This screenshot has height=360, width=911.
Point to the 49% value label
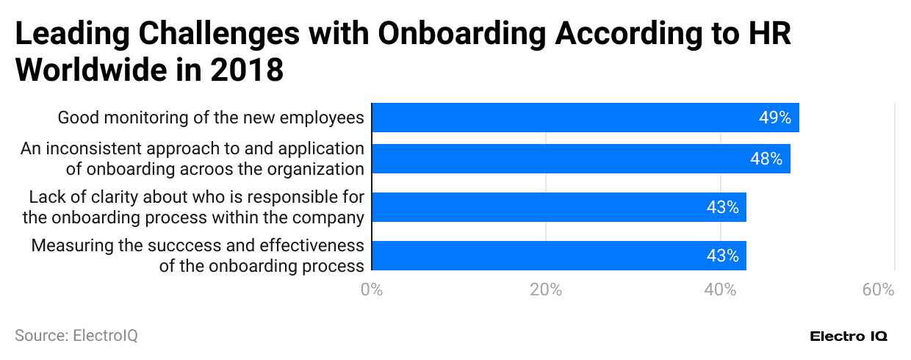[775, 118]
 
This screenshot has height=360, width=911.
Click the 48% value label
[766, 159]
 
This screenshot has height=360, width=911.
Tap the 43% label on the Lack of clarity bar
[722, 207]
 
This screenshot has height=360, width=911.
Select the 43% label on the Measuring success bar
[722, 256]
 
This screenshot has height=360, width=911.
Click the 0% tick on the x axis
[372, 289]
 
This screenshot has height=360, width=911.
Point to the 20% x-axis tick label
[546, 289]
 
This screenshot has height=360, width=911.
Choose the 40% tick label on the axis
[720, 289]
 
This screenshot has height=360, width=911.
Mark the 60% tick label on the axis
[878, 289]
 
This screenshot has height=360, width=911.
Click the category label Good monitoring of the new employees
[211, 118]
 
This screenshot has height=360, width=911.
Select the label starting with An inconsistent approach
[192, 159]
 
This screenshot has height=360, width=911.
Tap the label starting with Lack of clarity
[195, 207]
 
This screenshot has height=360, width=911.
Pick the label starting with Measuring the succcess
[197, 256]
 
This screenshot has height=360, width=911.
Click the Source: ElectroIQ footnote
[76, 336]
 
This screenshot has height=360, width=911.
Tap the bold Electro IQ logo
[849, 336]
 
